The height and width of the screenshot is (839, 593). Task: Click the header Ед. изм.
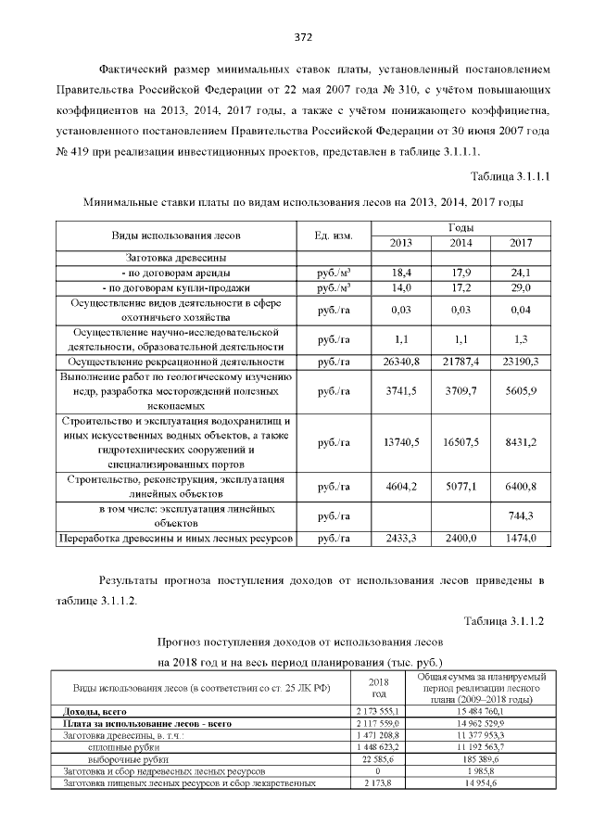point(334,235)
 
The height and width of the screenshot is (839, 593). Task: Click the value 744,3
point(523,515)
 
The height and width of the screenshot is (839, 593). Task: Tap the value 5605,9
point(523,391)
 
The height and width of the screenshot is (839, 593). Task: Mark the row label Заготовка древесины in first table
point(170,258)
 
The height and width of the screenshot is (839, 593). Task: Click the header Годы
point(461,227)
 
